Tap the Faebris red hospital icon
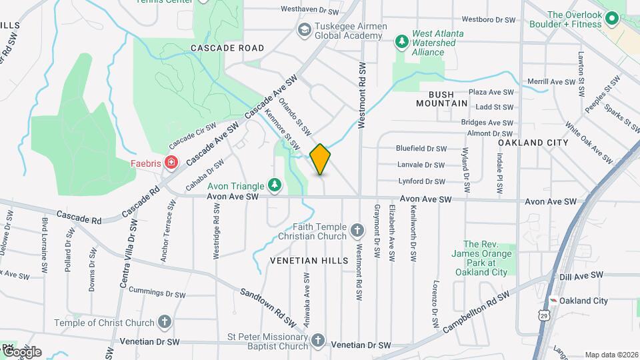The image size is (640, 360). (x=171, y=162)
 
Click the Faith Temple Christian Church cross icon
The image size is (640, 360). (x=357, y=231)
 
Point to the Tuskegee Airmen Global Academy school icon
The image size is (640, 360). (x=304, y=29)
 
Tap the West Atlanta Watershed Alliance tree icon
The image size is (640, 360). (x=401, y=42)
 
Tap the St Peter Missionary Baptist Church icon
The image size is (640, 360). (x=317, y=341)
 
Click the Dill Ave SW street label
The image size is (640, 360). (x=582, y=275)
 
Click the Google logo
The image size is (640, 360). (x=21, y=351)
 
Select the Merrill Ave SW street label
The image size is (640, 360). (x=551, y=82)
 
